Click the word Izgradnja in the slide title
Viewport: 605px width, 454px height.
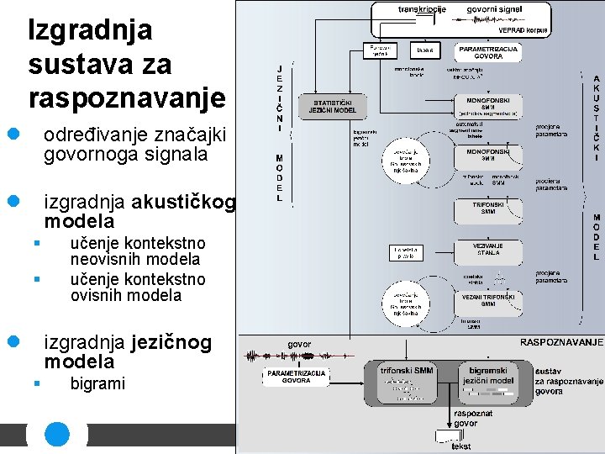click(x=90, y=30)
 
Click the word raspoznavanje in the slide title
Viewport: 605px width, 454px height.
click(x=127, y=98)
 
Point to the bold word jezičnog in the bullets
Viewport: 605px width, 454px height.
click(x=171, y=342)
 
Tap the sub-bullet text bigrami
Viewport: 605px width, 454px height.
click(x=97, y=383)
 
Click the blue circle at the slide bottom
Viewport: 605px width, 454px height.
click(x=57, y=435)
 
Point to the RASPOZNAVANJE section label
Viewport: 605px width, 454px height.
click(x=562, y=342)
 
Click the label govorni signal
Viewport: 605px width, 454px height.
click(x=495, y=9)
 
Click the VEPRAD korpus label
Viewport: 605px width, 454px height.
click(x=523, y=29)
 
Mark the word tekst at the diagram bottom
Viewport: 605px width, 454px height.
click(x=460, y=446)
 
